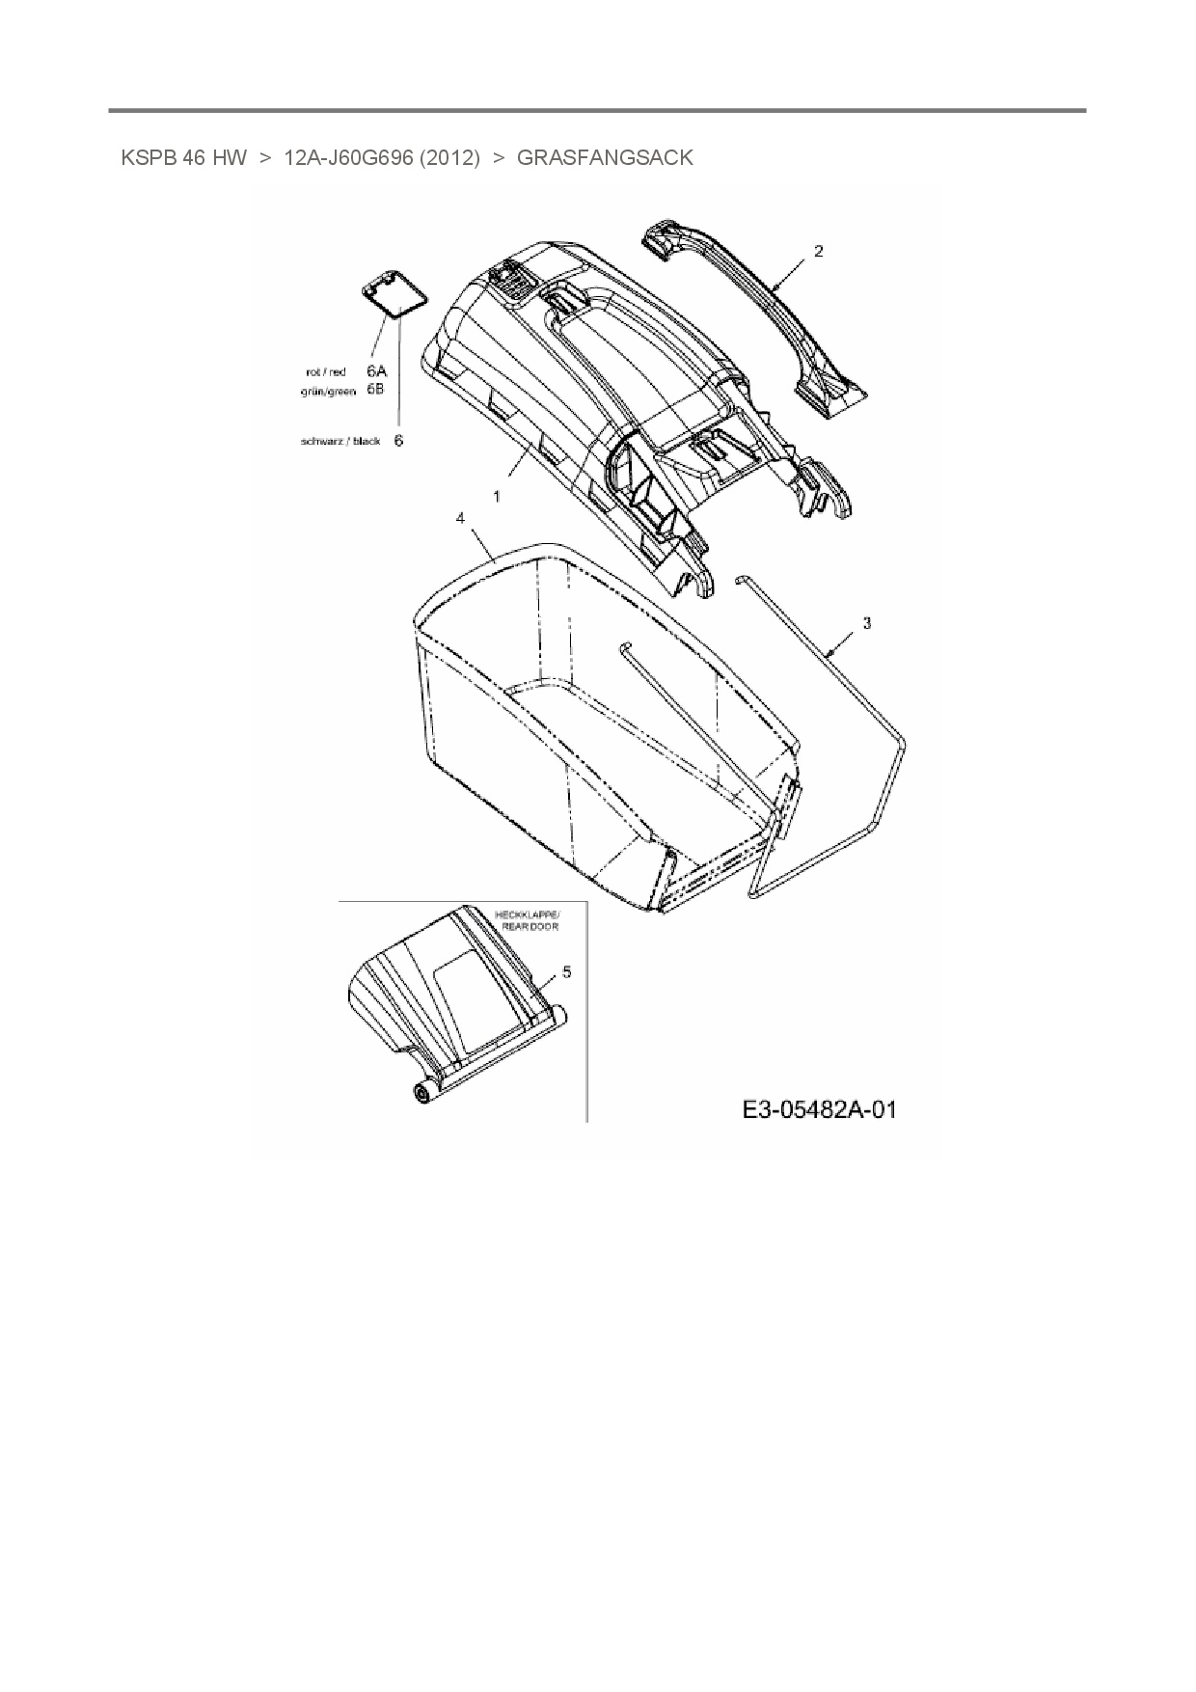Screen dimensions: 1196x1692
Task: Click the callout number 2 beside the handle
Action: pyautogui.click(x=819, y=252)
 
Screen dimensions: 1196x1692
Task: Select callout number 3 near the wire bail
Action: pyautogui.click(x=866, y=624)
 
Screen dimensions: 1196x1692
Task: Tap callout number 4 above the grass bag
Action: pyautogui.click(x=460, y=519)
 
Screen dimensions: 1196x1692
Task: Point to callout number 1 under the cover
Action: pyautogui.click(x=497, y=496)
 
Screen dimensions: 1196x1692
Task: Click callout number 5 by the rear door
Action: pyautogui.click(x=566, y=972)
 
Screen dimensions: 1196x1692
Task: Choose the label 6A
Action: pyautogui.click(x=376, y=371)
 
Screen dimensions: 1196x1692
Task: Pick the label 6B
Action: pyautogui.click(x=376, y=390)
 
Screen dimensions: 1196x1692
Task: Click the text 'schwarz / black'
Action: pyautogui.click(x=340, y=442)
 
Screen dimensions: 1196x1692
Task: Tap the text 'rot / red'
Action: pyautogui.click(x=325, y=372)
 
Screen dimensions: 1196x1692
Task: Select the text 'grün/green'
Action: pyautogui.click(x=328, y=391)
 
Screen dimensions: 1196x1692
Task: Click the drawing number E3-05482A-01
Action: pyautogui.click(x=819, y=1109)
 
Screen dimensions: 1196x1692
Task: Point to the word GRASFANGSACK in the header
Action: pyautogui.click(x=605, y=157)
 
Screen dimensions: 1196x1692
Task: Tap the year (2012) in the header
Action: pyautogui.click(x=449, y=157)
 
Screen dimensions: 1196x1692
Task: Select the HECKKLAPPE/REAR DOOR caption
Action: pyautogui.click(x=526, y=919)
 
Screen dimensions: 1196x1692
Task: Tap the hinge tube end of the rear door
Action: pyautogui.click(x=421, y=1093)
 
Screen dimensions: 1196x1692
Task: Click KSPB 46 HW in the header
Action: pyautogui.click(x=183, y=157)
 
